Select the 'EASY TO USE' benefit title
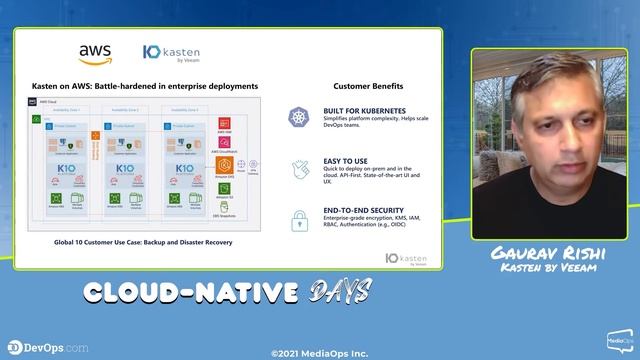click(x=345, y=160)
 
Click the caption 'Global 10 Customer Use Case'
click(x=136, y=242)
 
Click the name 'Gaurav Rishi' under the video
click(x=550, y=253)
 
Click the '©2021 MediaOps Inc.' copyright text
click(x=319, y=352)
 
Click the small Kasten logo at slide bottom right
click(x=407, y=258)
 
